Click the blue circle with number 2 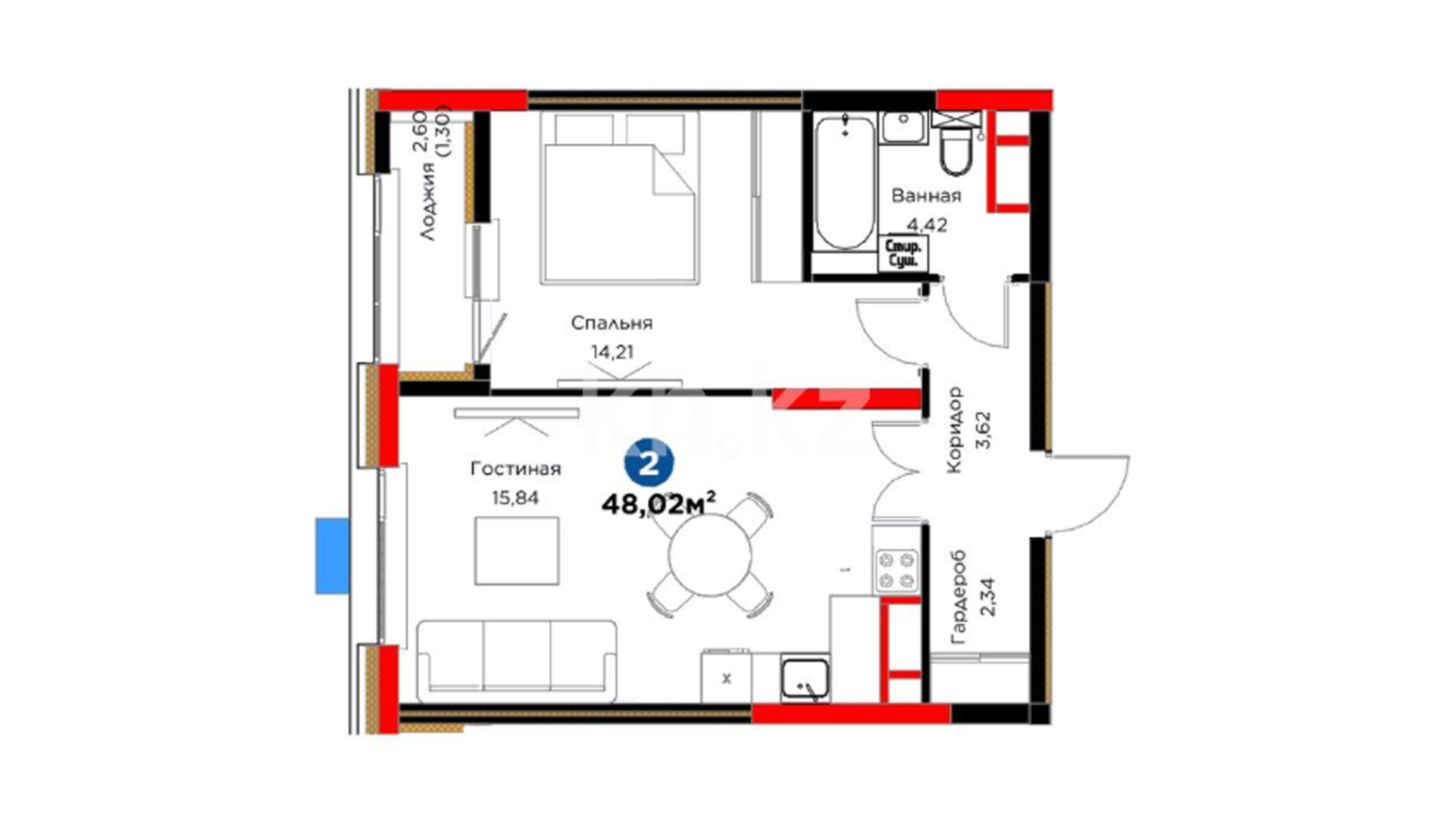tap(649, 463)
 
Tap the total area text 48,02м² tap(659, 504)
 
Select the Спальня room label tap(612, 323)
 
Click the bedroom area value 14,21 tap(612, 351)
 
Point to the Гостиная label tap(515, 469)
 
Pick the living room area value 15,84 tap(515, 498)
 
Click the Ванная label tap(926, 196)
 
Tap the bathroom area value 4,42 tap(928, 225)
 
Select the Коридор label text tap(954, 429)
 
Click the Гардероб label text tap(959, 597)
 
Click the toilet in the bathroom tap(956, 144)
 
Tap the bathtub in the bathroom tap(845, 183)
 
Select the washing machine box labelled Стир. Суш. tap(903, 253)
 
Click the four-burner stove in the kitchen tap(895, 571)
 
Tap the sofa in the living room tap(516, 661)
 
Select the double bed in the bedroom tap(619, 198)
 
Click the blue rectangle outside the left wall tap(332, 556)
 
